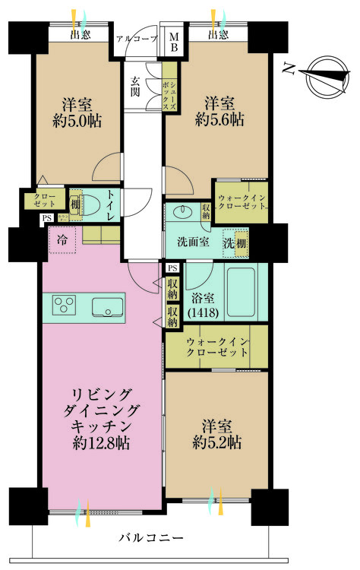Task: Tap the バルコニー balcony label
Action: pos(151,538)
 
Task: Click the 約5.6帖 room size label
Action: pos(219,119)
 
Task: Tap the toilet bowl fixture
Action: pos(91,205)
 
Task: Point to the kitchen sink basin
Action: pos(110,306)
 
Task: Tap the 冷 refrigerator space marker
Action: pos(61,239)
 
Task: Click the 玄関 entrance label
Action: pos(135,87)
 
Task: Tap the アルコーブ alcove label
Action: pos(137,38)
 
